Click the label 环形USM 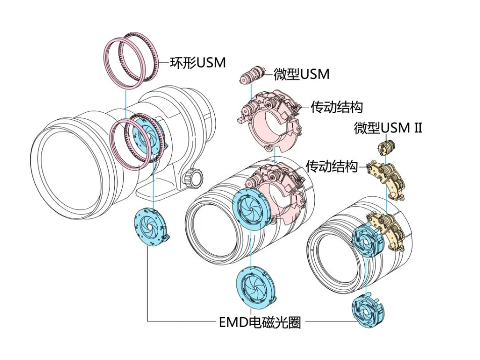pyautogui.click(x=197, y=63)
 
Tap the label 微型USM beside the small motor pyautogui.click(x=301, y=74)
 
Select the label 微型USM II pyautogui.click(x=388, y=127)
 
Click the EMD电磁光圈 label pyautogui.click(x=260, y=322)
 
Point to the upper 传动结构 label pyautogui.click(x=337, y=107)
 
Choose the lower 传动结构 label pyautogui.click(x=332, y=166)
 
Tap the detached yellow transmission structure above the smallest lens pyautogui.click(x=387, y=178)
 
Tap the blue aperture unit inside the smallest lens pyautogui.click(x=366, y=241)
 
